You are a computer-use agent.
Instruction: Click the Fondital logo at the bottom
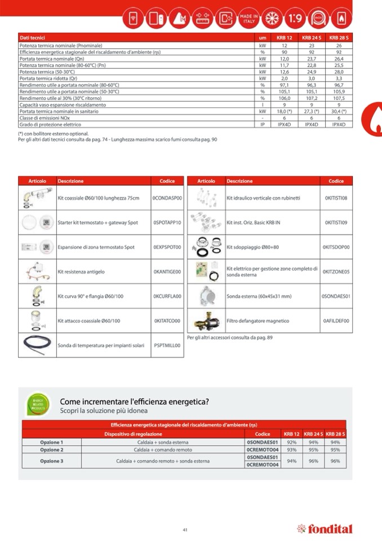[325, 529]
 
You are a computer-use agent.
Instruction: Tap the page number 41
[185, 529]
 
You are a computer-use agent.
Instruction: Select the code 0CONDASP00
[167, 199]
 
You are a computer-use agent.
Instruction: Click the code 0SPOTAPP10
[167, 223]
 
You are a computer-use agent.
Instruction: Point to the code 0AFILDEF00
[336, 321]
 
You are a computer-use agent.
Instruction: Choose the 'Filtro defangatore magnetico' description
[257, 321]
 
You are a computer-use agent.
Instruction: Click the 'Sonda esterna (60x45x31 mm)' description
[259, 296]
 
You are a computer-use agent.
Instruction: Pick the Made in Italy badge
[248, 18]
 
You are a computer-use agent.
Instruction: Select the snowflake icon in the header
[272, 19]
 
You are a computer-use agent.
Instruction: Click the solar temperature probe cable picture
[37, 345]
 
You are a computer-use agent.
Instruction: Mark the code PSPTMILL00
[167, 345]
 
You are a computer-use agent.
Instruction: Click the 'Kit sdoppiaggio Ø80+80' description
[252, 247]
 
